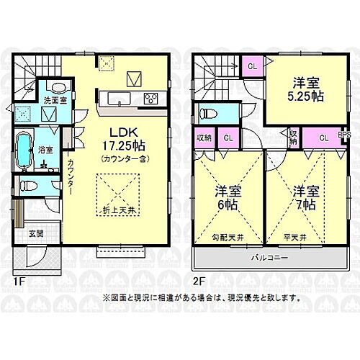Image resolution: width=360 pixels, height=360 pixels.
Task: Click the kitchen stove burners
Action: [x=151, y=99]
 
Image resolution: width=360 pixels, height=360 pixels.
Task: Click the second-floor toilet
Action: [x=207, y=113]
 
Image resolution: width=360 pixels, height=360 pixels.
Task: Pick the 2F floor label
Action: [x=199, y=282]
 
